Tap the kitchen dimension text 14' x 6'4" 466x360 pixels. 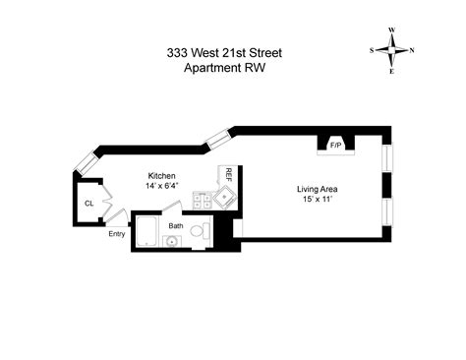tap(162, 184)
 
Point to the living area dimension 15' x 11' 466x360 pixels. tap(319, 199)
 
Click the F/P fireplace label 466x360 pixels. tap(335, 144)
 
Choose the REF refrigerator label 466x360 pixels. tap(228, 176)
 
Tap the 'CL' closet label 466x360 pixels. tap(88, 204)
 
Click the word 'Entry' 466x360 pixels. tap(117, 234)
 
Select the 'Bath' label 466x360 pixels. tap(176, 225)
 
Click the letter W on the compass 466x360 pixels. tap(392, 30)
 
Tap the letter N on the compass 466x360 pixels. tap(412, 50)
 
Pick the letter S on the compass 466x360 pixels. tap(372, 50)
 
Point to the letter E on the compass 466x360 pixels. tap(392, 71)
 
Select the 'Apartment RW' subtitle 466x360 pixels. tap(232, 69)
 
